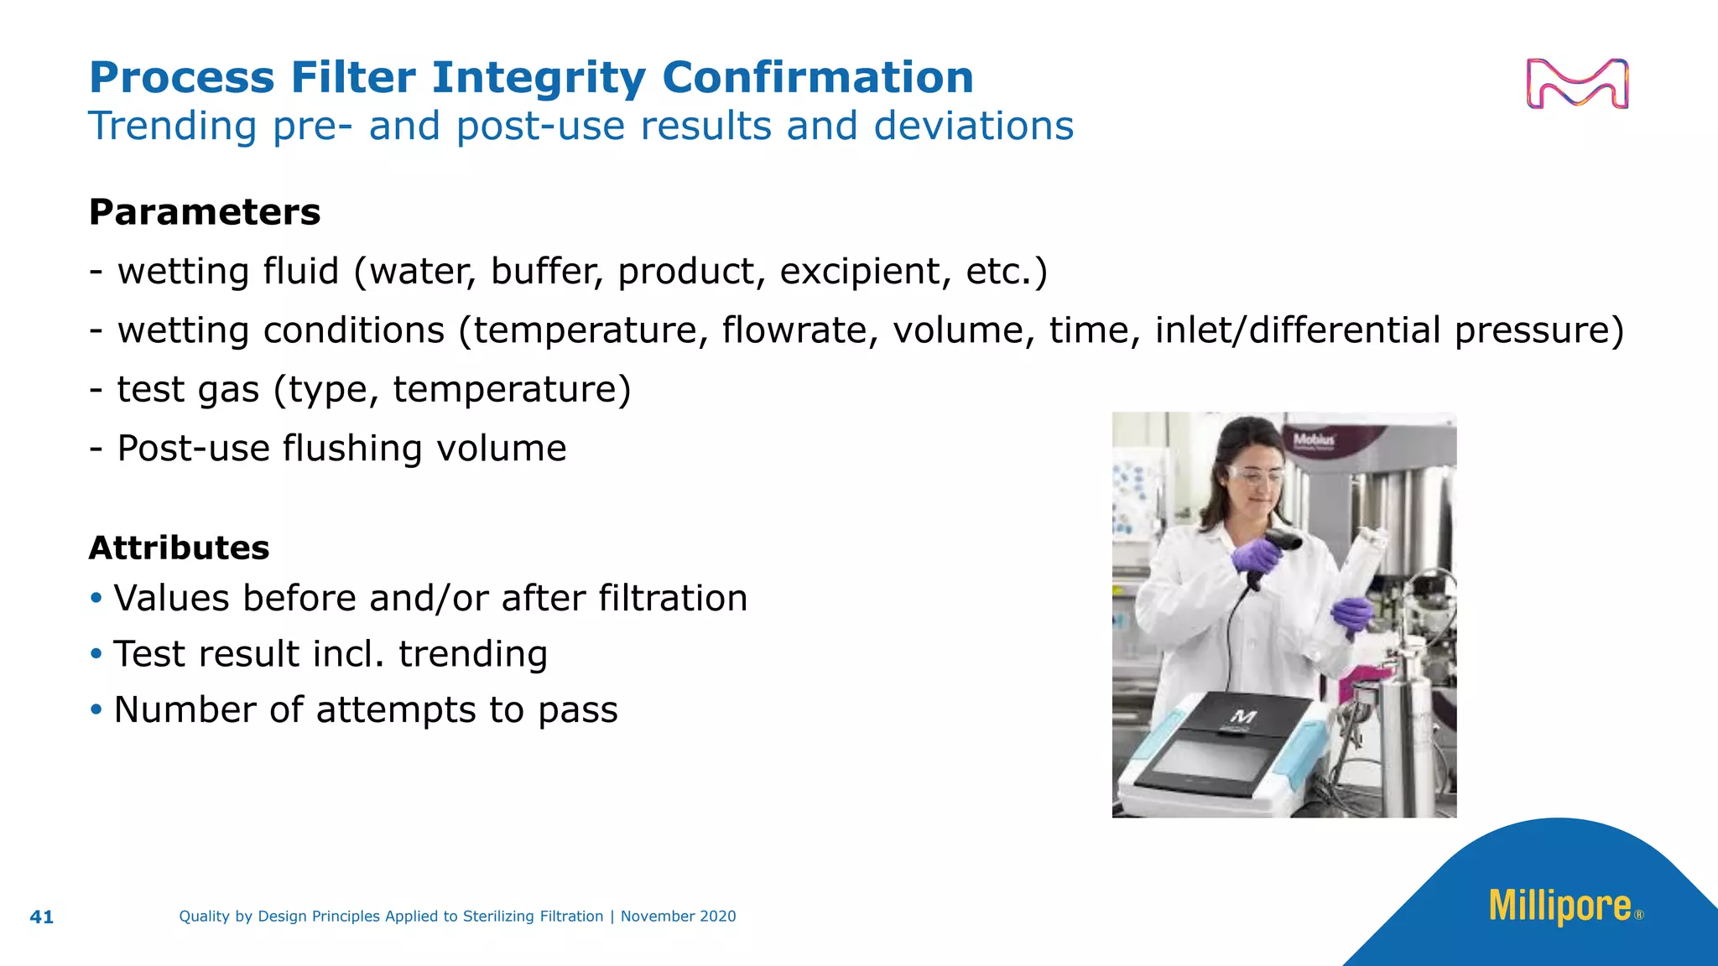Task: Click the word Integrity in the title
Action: [539, 78]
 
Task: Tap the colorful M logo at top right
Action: [1577, 84]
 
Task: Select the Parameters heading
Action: [205, 212]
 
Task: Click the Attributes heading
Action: [179, 548]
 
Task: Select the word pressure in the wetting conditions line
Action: [1538, 330]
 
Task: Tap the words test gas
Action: [188, 390]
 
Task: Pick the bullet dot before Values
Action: [96, 598]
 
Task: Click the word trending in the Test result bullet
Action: [472, 654]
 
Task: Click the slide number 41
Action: [41, 917]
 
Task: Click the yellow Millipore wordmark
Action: [1559, 906]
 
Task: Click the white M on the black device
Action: [1243, 716]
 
